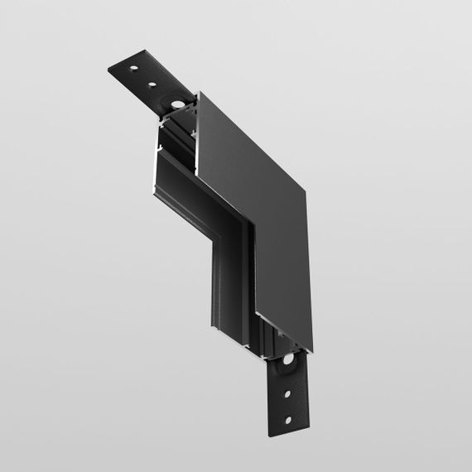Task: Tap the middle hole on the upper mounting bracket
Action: tap(153, 83)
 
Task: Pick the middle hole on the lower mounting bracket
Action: tap(290, 393)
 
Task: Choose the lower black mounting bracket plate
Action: tap(290, 397)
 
